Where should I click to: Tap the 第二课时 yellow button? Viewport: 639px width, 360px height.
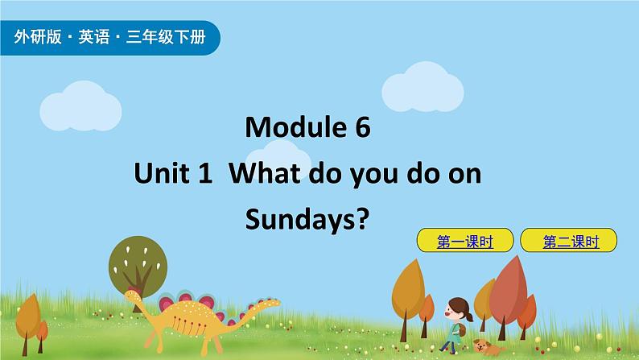tap(569, 240)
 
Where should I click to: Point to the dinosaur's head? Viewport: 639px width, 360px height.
tap(131, 296)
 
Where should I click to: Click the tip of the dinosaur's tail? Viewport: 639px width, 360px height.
tap(278, 303)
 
